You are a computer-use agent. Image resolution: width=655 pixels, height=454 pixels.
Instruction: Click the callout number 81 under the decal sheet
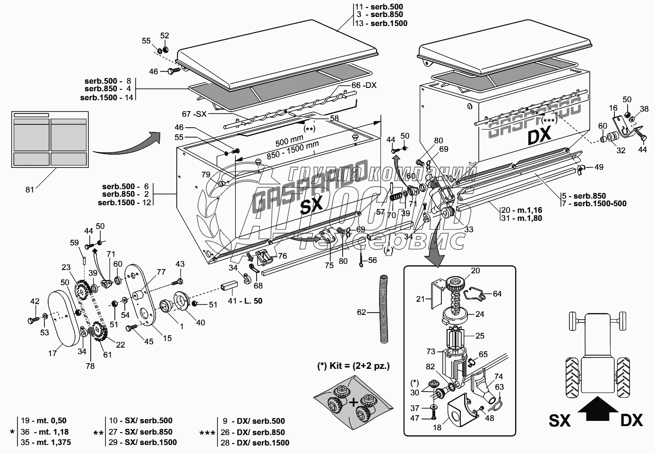pos(30,190)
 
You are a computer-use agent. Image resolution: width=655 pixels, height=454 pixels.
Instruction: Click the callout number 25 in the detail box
pos(480,335)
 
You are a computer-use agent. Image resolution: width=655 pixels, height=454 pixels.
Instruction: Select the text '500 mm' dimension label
pos(290,140)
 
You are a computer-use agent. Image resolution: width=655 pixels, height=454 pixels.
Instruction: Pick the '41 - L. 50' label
pos(245,301)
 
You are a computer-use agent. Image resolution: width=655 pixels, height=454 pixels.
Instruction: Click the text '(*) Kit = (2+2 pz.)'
pos(353,366)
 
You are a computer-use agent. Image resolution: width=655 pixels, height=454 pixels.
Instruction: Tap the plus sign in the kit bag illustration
pos(353,403)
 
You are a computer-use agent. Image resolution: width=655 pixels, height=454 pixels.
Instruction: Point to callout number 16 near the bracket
pos(613,108)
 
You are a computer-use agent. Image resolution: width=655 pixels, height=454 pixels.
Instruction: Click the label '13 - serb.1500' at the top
pos(381,23)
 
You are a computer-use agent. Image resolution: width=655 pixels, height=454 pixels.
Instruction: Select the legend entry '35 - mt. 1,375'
pos(46,442)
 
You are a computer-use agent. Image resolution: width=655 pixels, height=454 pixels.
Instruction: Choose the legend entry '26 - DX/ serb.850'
pos(253,432)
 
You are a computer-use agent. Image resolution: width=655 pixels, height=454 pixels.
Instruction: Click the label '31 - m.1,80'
pos(522,218)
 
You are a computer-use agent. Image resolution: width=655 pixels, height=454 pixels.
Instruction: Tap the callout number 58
pos(334,118)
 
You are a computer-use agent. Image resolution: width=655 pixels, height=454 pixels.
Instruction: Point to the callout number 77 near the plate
pos(161,272)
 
